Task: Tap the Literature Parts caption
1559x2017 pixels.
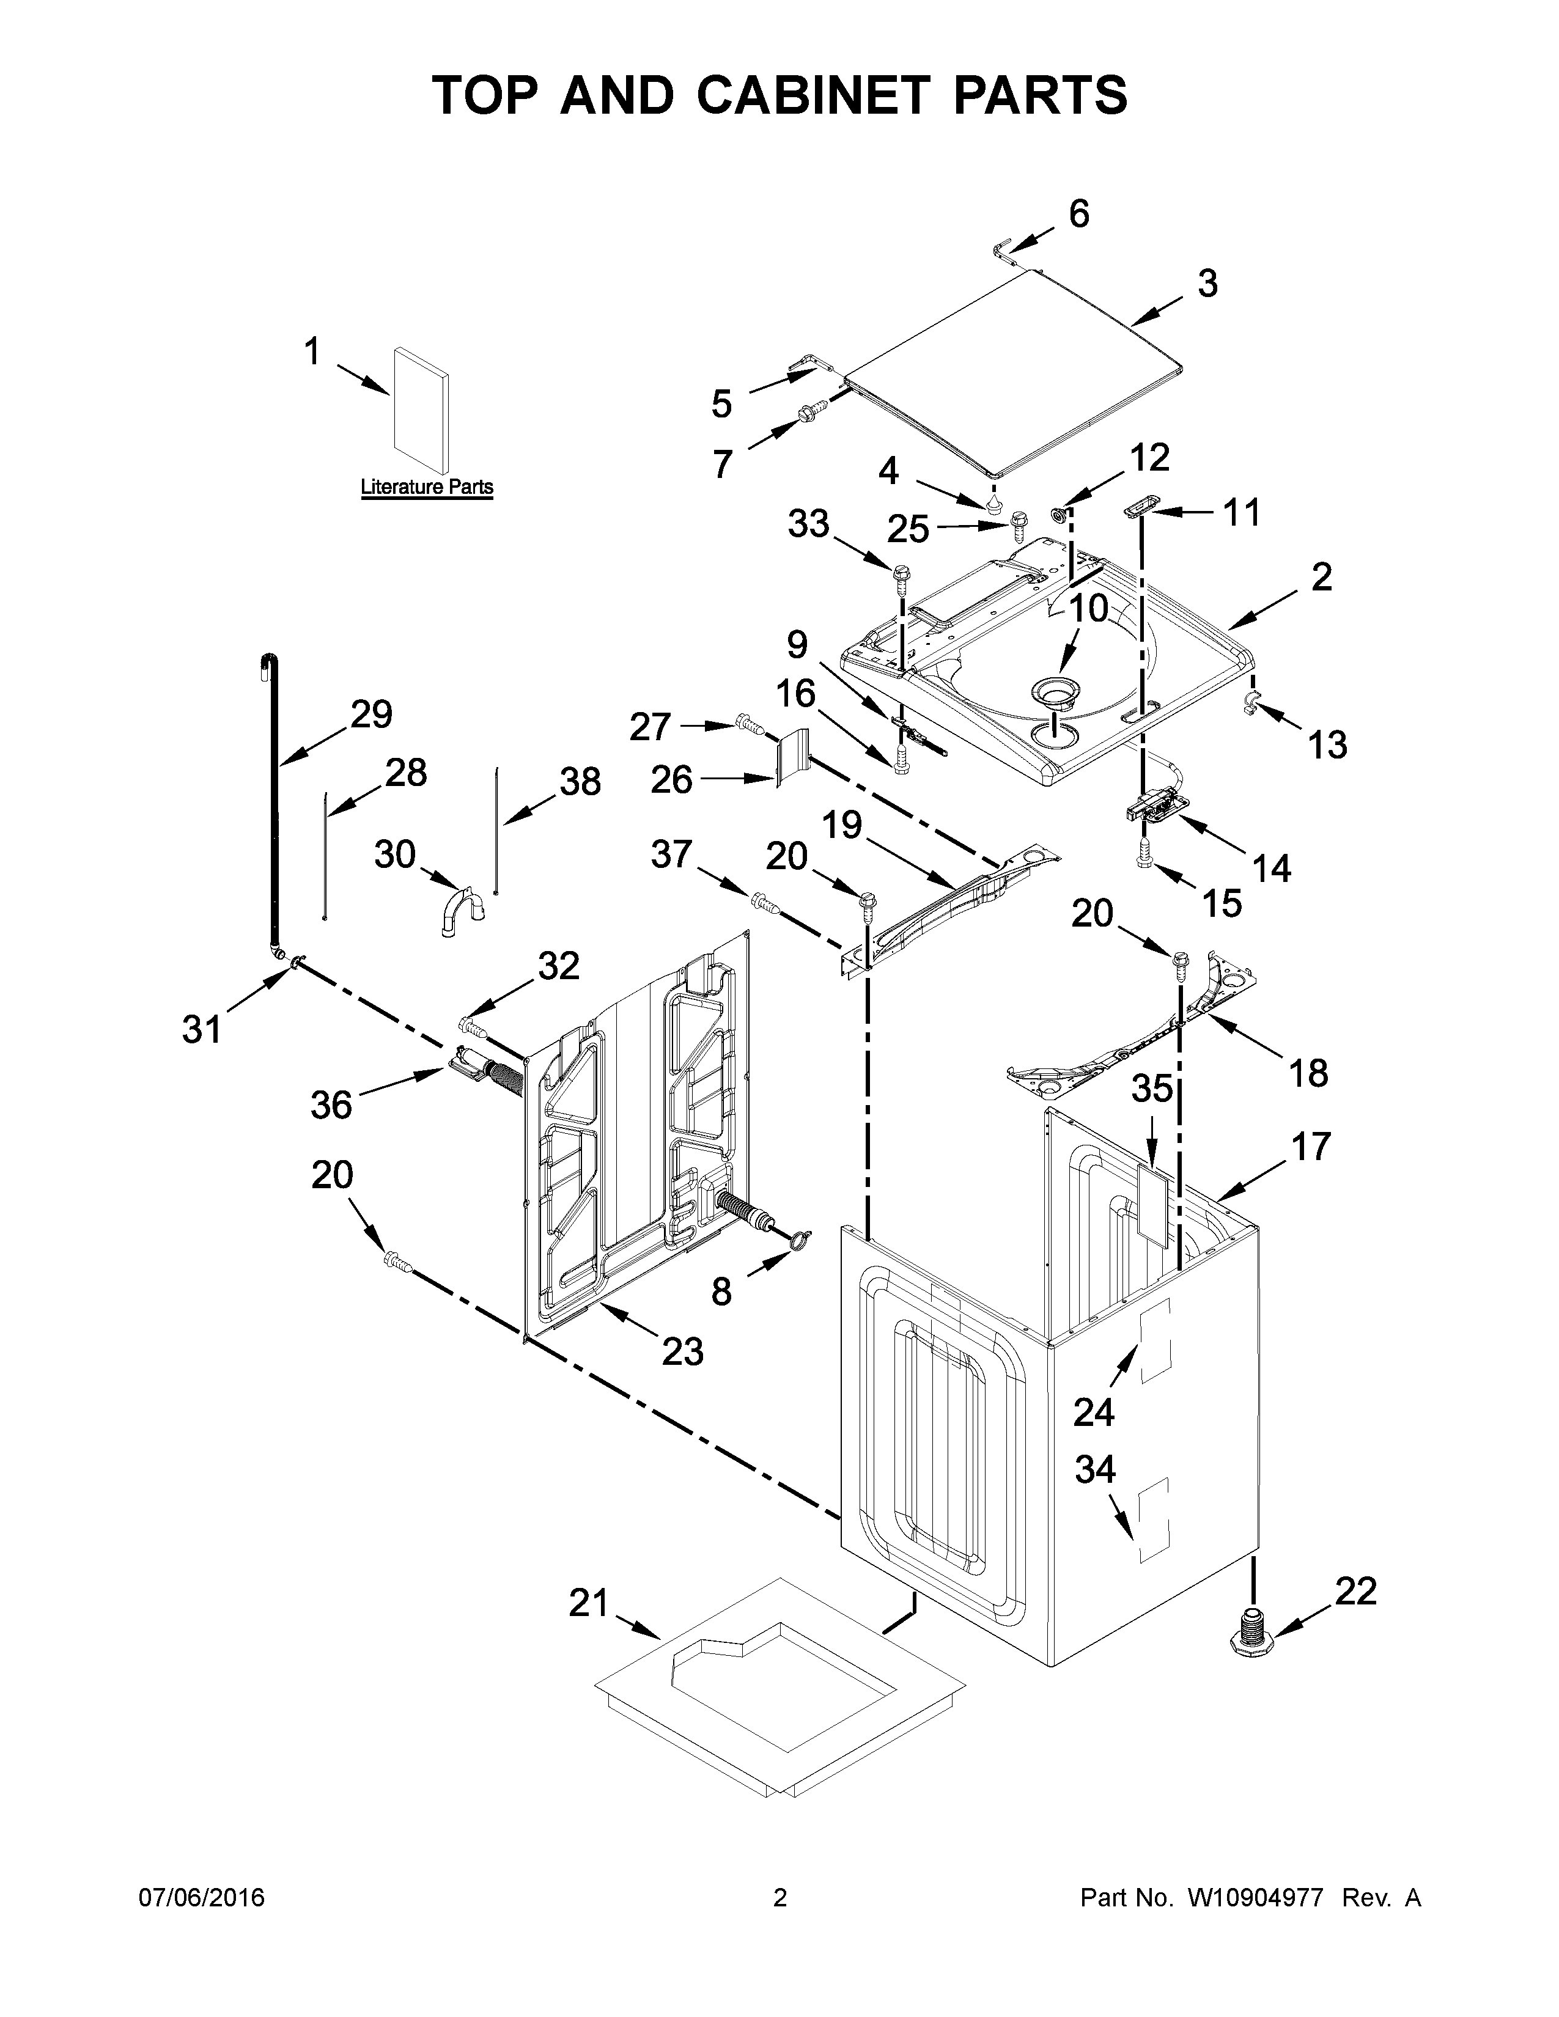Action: tap(427, 487)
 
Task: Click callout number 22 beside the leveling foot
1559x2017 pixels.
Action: tap(1355, 1590)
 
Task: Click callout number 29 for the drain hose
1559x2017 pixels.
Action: tap(370, 714)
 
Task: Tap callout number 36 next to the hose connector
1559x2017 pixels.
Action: tap(331, 1104)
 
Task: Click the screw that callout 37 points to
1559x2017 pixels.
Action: tap(765, 902)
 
